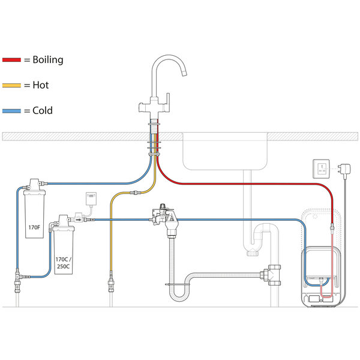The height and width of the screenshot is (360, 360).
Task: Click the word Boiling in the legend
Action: [47, 59]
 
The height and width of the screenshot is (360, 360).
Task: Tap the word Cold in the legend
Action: [43, 110]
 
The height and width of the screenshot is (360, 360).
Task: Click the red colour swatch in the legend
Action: [11, 60]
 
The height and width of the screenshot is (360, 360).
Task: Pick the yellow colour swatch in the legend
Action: [11, 85]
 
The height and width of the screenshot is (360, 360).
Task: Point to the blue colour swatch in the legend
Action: [11, 110]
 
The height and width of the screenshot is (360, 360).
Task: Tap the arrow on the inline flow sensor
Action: [79, 220]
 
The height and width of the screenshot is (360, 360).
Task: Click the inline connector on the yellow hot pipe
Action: [135, 193]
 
